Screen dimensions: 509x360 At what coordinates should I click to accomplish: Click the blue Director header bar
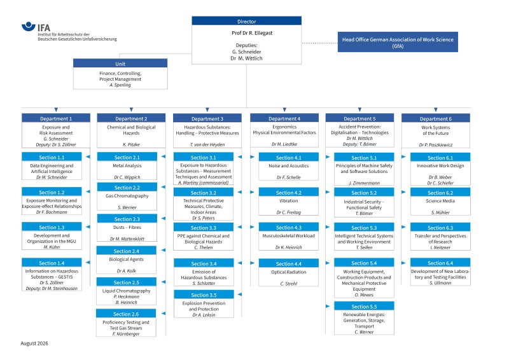pyautogui.click(x=246, y=21)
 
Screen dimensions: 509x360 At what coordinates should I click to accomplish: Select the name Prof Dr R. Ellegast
pyautogui.click(x=252, y=33)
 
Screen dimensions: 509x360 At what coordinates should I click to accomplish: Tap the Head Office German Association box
pyautogui.click(x=398, y=42)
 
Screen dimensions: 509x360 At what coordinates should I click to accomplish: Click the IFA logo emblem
pyautogui.click(x=28, y=26)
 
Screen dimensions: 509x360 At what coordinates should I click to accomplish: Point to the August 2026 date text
pyautogui.click(x=34, y=343)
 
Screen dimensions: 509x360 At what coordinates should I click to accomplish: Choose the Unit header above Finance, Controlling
pyautogui.click(x=120, y=64)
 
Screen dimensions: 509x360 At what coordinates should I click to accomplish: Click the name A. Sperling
pyautogui.click(x=120, y=85)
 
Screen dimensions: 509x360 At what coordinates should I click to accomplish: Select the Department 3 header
pyautogui.click(x=207, y=118)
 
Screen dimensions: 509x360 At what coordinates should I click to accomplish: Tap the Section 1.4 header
pyautogui.click(x=52, y=263)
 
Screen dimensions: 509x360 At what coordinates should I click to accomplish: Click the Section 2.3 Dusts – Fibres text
pyautogui.click(x=127, y=227)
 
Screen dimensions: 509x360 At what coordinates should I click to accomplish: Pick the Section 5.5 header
pyautogui.click(x=364, y=306)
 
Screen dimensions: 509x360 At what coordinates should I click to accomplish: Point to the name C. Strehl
pyautogui.click(x=289, y=284)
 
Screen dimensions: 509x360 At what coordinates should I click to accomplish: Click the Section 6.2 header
pyautogui.click(x=440, y=193)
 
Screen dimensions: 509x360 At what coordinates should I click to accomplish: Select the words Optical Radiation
pyautogui.click(x=289, y=272)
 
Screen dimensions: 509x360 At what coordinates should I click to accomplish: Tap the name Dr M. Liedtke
pyautogui.click(x=284, y=144)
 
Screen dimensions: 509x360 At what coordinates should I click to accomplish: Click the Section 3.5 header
pyautogui.click(x=204, y=294)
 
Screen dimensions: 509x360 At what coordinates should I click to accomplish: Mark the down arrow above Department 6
pyautogui.click(x=436, y=110)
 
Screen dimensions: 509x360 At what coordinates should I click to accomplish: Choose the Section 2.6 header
pyautogui.click(x=126, y=314)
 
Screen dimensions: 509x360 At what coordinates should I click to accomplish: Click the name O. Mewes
pyautogui.click(x=364, y=294)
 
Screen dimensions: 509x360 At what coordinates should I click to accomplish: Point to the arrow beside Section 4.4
pyautogui.click(x=252, y=263)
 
